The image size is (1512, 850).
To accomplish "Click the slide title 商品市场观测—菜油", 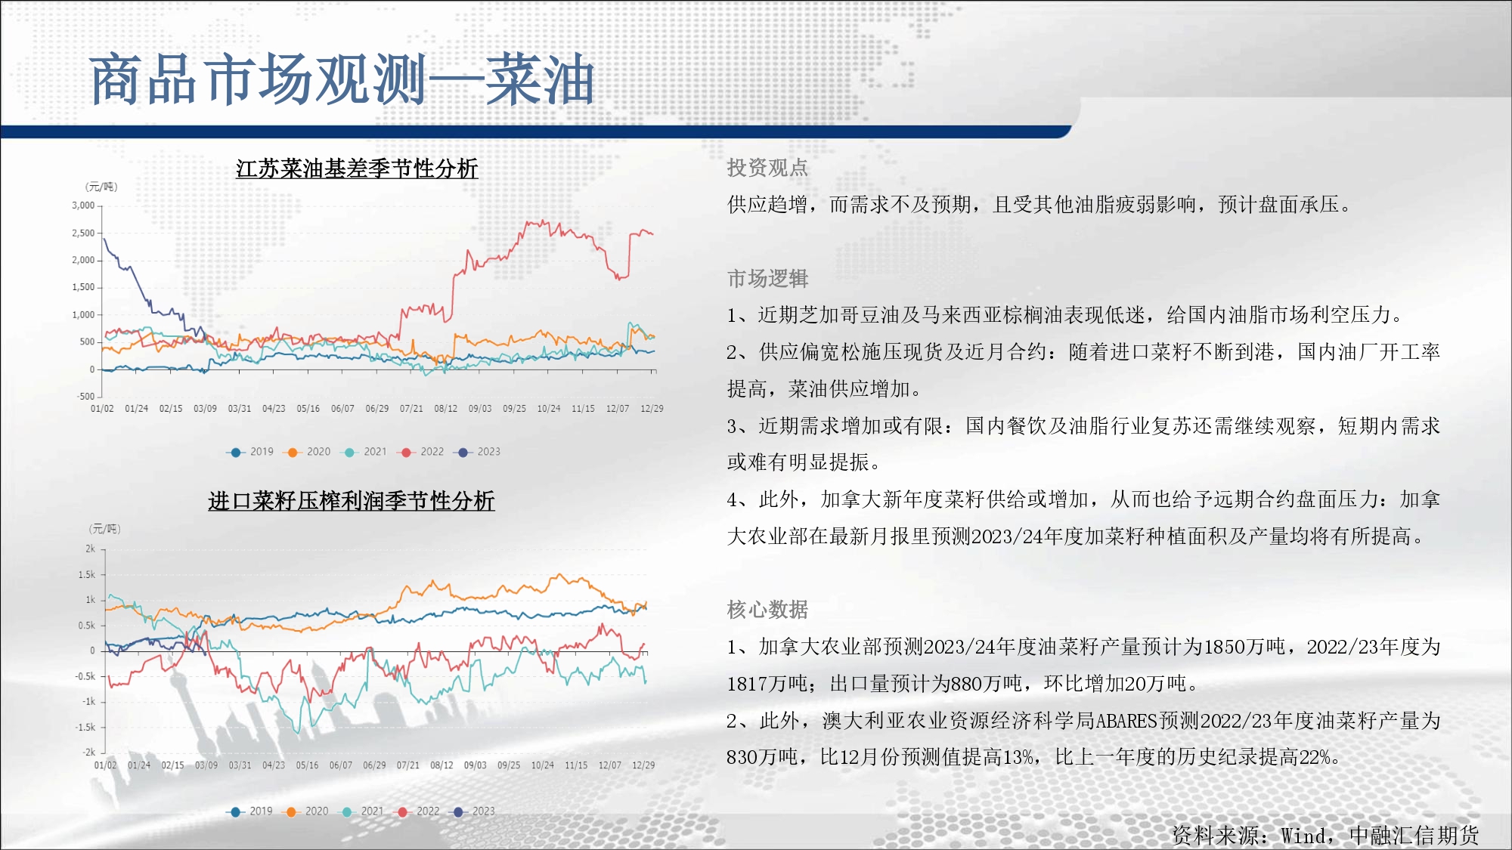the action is (x=342, y=79).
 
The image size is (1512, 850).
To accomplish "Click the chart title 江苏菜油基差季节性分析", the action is (x=357, y=168).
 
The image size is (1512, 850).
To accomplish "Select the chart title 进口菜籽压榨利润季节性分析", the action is (x=352, y=500).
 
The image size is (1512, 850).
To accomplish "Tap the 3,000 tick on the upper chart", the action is (x=83, y=206).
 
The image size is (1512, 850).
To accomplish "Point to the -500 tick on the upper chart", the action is (x=85, y=396).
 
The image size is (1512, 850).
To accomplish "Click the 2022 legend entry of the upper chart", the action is (x=423, y=452).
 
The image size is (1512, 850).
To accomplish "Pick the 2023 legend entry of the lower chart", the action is (x=473, y=811).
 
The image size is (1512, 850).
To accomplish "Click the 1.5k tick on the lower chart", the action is (x=87, y=575).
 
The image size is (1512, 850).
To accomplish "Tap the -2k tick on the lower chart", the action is (x=89, y=752).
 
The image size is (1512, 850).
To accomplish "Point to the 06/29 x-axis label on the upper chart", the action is (x=377, y=409).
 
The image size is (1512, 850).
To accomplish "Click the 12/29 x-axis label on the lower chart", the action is (x=643, y=765).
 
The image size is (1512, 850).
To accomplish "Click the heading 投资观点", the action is (x=767, y=168).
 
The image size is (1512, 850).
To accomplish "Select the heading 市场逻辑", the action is (x=767, y=279).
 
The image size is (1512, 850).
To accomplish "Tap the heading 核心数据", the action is (x=767, y=609).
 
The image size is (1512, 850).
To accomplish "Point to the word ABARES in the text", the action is (x=1126, y=721).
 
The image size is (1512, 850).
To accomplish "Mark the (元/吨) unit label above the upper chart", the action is (x=101, y=187).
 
